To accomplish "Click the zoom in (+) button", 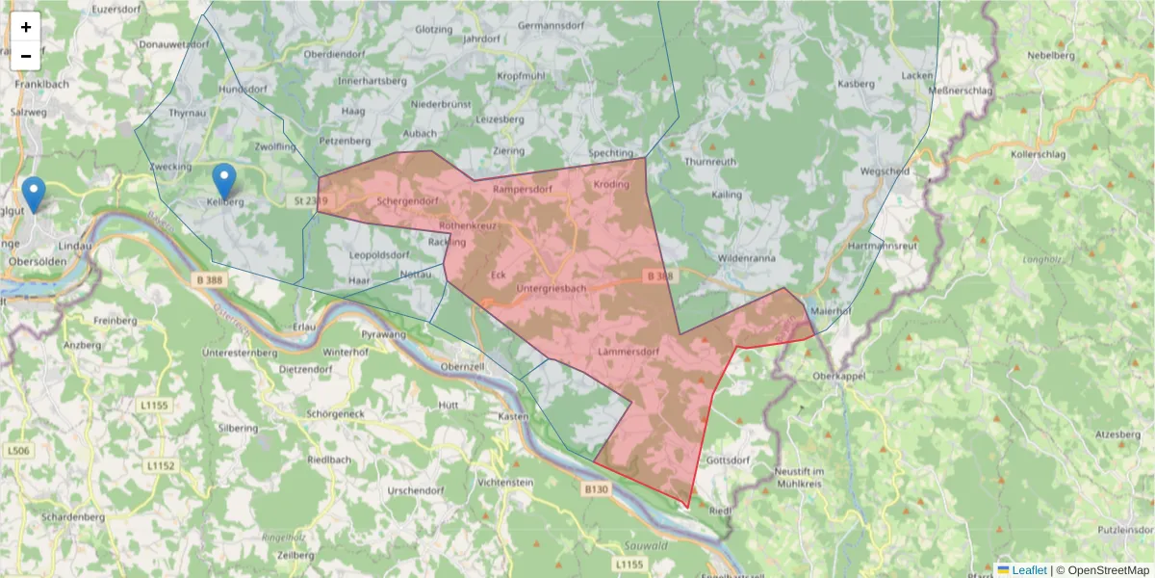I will click(26, 27).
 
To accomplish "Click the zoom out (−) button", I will click(26, 56).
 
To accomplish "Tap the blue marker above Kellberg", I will click(223, 180).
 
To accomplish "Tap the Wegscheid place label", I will click(885, 171).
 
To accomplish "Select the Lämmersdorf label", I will click(628, 352).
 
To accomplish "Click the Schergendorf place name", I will click(408, 201).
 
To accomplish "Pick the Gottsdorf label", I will click(728, 460).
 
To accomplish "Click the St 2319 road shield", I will click(311, 200).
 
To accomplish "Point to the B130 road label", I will click(596, 489).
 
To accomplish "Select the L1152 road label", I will click(161, 465).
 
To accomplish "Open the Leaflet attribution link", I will click(1028, 570).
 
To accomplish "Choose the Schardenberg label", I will click(73, 517).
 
